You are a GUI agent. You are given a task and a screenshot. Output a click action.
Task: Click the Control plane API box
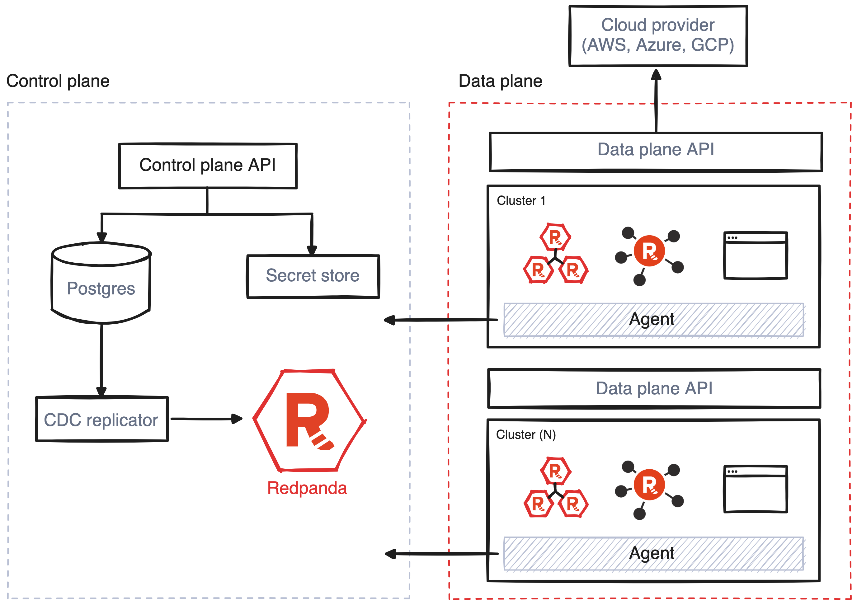208,166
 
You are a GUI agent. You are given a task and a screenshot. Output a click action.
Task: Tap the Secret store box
313,276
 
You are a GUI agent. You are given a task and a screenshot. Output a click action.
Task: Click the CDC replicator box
101,420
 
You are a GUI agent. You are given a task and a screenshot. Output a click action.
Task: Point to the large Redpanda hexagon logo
309,421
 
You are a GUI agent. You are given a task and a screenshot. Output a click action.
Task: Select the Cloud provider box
658,36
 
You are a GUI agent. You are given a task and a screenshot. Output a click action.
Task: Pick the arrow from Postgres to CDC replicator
101,358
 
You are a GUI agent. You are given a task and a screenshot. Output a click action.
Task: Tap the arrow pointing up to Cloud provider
656,101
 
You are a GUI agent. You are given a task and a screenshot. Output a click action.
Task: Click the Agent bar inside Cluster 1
653,320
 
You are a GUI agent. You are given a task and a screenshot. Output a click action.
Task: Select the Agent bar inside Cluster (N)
653,553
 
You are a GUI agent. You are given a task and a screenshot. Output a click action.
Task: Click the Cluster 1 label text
521,201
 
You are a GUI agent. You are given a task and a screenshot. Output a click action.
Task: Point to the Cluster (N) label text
525,435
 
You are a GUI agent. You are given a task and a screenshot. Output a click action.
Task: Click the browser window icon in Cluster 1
756,255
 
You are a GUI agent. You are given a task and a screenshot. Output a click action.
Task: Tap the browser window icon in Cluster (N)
756,489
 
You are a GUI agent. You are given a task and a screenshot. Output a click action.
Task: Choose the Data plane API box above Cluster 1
656,151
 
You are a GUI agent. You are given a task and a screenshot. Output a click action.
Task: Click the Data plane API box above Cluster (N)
654,388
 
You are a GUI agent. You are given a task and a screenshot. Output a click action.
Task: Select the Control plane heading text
58,81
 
